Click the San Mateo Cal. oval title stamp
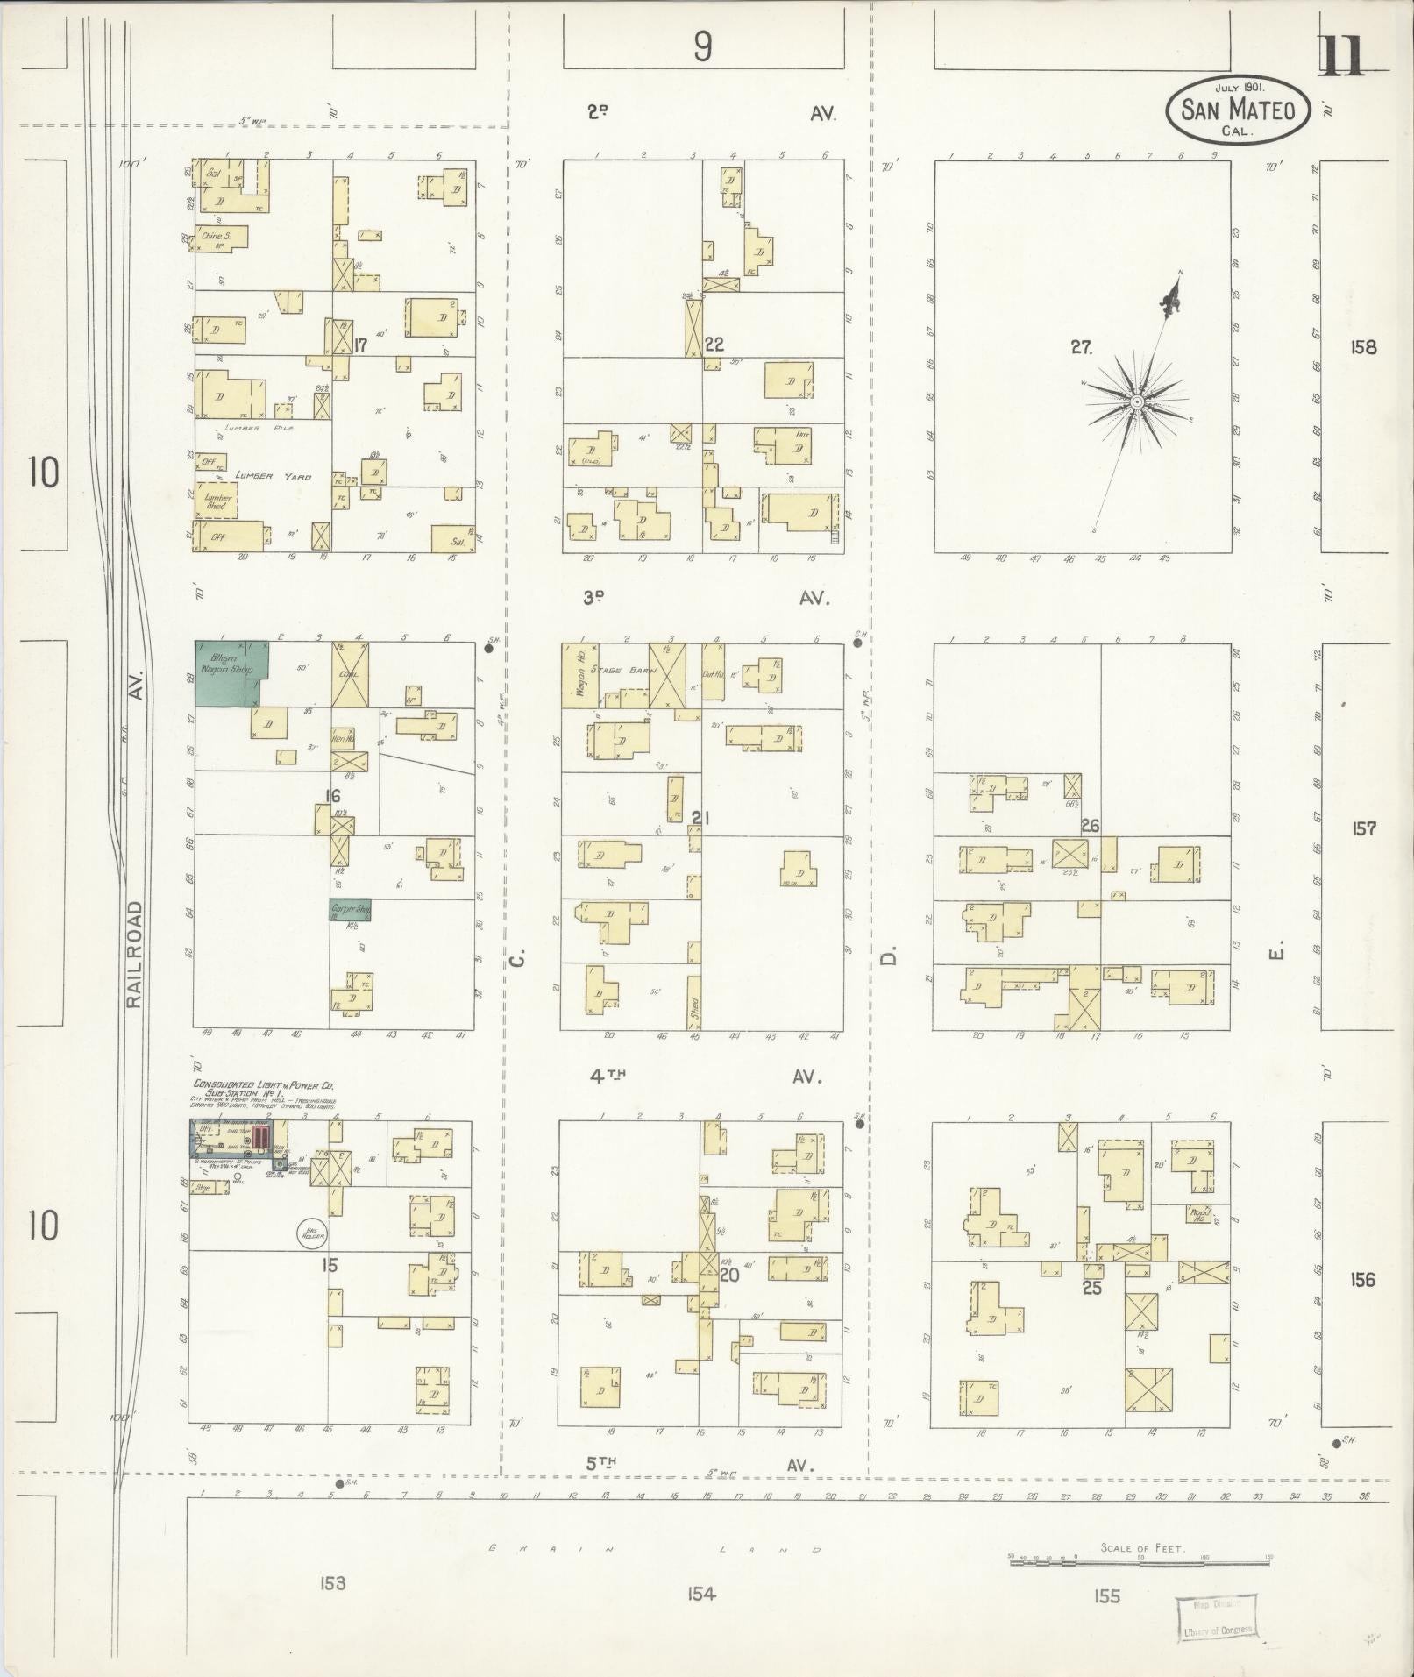(1237, 110)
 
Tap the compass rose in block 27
(1136, 401)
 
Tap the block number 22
(714, 345)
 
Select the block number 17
(359, 345)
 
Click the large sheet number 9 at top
(702, 46)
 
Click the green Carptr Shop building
(351, 910)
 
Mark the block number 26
(1090, 826)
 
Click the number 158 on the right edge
(1364, 347)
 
